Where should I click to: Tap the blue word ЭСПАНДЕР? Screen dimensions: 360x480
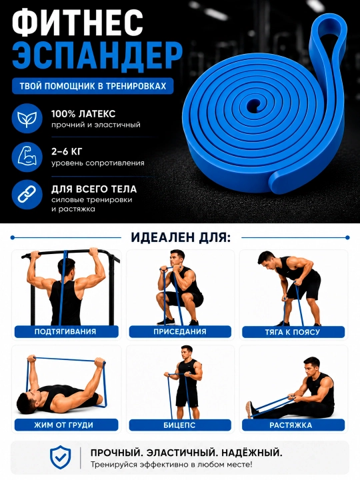tap(97, 57)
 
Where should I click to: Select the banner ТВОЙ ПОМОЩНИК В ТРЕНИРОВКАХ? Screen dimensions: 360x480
tap(93, 86)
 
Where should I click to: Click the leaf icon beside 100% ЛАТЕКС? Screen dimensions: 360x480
tap(27, 119)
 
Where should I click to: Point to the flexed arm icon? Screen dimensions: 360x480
tap(27, 157)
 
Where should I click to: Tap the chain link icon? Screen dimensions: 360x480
tap(27, 195)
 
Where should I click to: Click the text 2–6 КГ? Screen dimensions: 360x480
tap(67, 151)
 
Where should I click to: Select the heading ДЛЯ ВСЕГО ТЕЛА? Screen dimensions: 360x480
tap(94, 189)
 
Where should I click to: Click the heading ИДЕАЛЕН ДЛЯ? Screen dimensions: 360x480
tap(181, 237)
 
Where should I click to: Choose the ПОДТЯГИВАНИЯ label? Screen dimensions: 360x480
tap(65, 331)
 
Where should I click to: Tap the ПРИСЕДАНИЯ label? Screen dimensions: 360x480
tap(180, 331)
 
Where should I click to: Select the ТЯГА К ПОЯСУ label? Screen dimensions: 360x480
tap(293, 332)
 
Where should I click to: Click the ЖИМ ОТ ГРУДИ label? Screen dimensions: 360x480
tap(64, 425)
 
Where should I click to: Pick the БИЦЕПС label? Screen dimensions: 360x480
tap(180, 425)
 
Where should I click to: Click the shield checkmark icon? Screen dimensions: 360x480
tap(61, 457)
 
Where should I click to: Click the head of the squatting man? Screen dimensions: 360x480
tap(177, 258)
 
